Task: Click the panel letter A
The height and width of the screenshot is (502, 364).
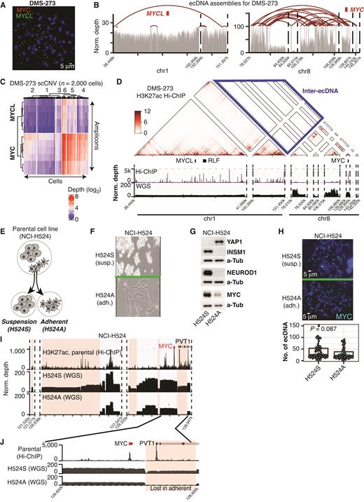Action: [x=4, y=5]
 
